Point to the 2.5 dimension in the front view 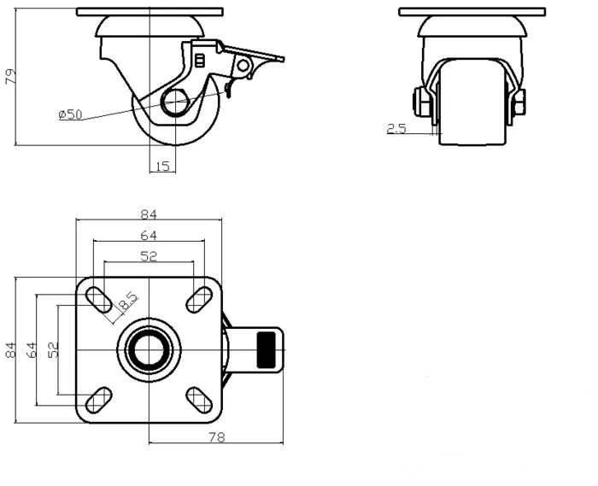(396, 129)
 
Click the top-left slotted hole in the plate (98, 298)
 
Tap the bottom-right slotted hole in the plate (199, 399)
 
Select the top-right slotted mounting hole (199, 298)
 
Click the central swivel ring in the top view (149, 349)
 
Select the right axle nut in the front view (519, 103)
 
